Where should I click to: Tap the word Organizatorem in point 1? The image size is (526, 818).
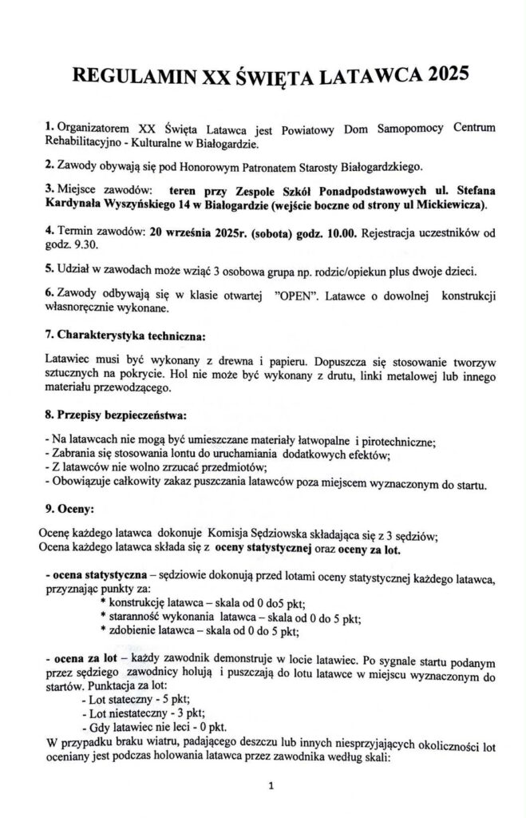tap(91, 129)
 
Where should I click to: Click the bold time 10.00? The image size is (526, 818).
tap(342, 232)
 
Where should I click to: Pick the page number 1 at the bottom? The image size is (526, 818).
tap(272, 786)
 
